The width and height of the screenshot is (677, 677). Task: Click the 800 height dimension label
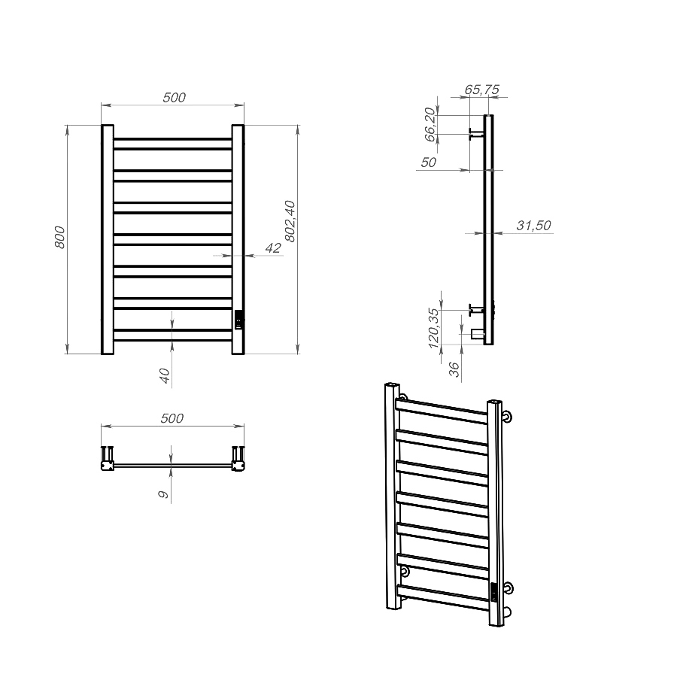pyautogui.click(x=60, y=237)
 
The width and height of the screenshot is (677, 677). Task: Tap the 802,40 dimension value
pyautogui.click(x=290, y=221)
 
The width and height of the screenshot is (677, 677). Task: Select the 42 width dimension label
pyautogui.click(x=273, y=247)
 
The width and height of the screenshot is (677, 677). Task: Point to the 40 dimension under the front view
pyautogui.click(x=165, y=375)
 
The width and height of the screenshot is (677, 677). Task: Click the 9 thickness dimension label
pyautogui.click(x=164, y=494)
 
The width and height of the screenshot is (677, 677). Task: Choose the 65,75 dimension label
pyautogui.click(x=481, y=90)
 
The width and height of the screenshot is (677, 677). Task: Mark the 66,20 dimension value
pyautogui.click(x=430, y=124)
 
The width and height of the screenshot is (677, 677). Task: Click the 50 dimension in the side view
pyautogui.click(x=428, y=162)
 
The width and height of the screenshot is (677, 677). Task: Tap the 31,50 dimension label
pyautogui.click(x=533, y=226)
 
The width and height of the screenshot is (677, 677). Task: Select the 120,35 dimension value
pyautogui.click(x=433, y=328)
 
